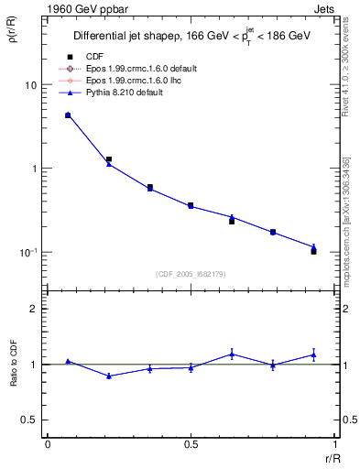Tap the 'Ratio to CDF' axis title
click(x=14, y=364)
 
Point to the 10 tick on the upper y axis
click(x=30, y=85)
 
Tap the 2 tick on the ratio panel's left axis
click(x=34, y=309)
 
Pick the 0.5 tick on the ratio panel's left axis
click(x=29, y=420)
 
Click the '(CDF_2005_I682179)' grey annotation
click(x=191, y=273)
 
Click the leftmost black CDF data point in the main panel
click(x=68, y=115)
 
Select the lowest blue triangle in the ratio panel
click(x=109, y=376)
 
